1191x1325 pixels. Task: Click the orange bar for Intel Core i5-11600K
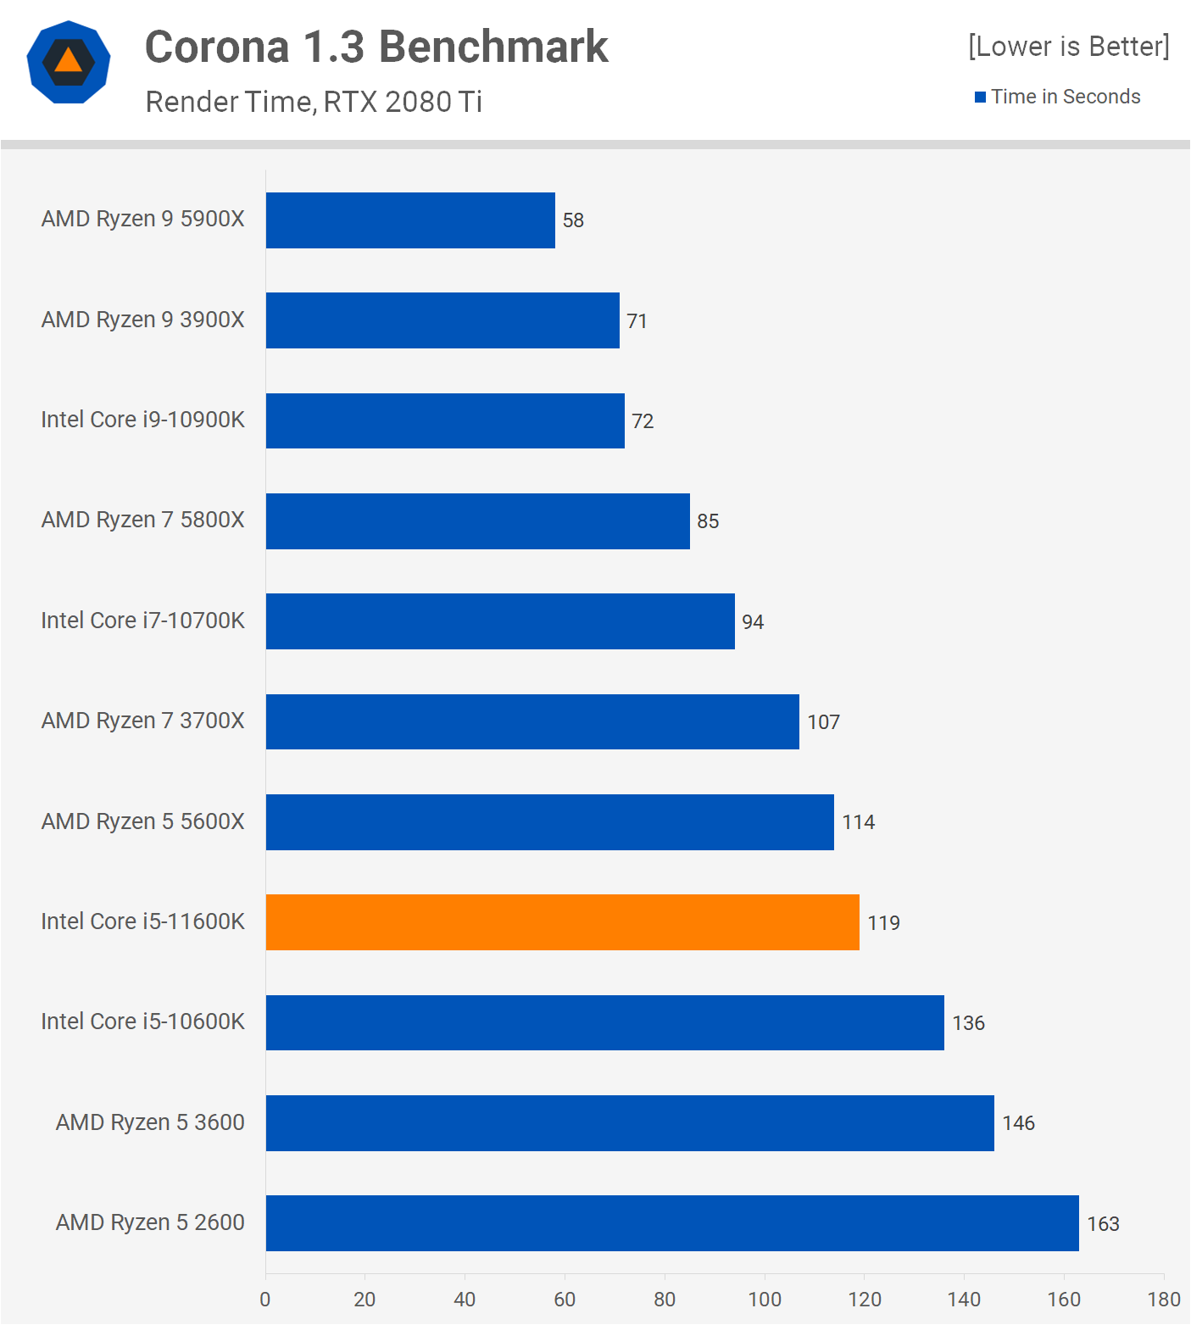point(562,922)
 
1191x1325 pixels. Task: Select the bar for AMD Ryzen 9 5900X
point(410,220)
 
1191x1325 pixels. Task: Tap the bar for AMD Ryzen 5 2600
point(672,1223)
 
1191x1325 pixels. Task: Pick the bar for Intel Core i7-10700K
point(500,621)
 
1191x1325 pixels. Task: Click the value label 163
point(1103,1224)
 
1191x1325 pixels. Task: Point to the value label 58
point(573,220)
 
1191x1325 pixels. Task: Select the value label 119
point(883,923)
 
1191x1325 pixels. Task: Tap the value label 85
point(708,521)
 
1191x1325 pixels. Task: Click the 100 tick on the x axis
point(765,1300)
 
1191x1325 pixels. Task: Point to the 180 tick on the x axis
point(1164,1300)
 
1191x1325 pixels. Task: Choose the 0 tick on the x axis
point(265,1300)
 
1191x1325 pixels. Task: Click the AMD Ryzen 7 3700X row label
point(142,721)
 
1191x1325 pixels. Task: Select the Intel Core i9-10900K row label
point(142,420)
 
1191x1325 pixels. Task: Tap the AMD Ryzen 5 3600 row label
point(150,1122)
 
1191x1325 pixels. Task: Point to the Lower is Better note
point(1068,46)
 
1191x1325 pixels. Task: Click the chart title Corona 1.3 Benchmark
point(376,47)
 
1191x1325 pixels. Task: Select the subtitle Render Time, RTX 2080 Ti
point(314,102)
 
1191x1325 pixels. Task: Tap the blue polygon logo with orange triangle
point(69,62)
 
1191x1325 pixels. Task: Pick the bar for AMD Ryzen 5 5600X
point(549,822)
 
